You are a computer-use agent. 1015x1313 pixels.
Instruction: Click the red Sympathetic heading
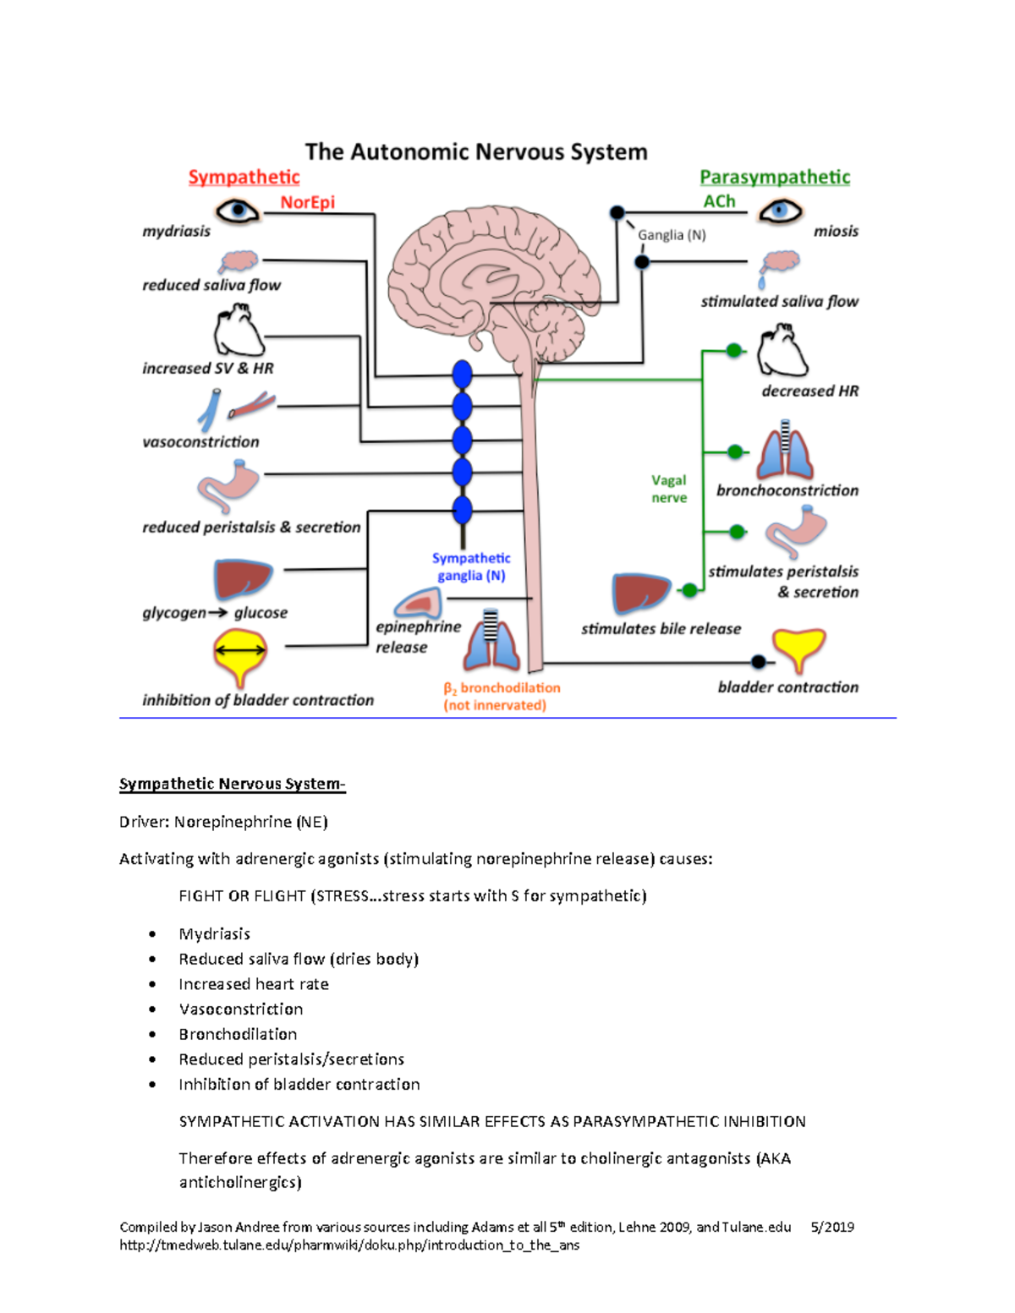point(244,177)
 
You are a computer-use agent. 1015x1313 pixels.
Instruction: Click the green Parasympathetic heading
point(774,177)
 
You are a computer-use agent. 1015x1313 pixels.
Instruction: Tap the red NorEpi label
point(307,202)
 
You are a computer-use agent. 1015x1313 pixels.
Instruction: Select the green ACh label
point(719,201)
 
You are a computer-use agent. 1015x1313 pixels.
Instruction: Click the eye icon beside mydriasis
point(237,210)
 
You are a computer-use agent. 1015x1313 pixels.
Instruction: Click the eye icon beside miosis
point(780,211)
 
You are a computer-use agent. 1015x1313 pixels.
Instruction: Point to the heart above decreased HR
point(782,352)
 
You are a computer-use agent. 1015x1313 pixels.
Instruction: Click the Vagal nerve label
point(668,489)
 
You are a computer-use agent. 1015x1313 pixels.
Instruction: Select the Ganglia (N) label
point(672,235)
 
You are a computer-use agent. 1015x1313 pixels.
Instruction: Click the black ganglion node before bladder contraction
point(759,661)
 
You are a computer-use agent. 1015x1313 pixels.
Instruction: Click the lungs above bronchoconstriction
point(785,451)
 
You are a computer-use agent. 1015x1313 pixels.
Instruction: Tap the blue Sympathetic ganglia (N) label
point(471,566)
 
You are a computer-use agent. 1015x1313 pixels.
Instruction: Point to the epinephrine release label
point(418,637)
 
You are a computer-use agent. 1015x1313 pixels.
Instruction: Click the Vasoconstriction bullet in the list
point(241,1009)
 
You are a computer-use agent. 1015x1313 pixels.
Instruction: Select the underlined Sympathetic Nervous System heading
point(232,784)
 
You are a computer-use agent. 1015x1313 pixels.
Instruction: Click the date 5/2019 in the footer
point(831,1227)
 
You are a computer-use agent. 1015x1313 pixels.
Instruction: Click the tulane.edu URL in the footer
point(349,1245)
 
